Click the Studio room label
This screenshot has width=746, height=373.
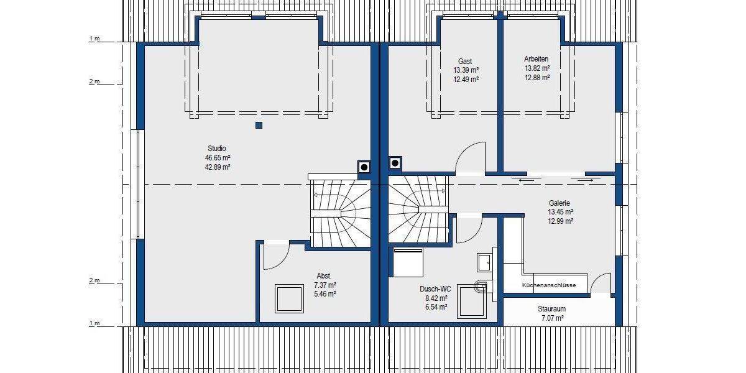click(x=217, y=149)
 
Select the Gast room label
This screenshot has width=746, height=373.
click(x=465, y=61)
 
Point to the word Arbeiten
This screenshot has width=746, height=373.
click(x=536, y=59)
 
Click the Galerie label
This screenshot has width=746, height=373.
click(x=559, y=203)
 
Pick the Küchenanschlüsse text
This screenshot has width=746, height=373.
click(x=549, y=285)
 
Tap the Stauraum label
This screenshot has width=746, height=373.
click(x=551, y=308)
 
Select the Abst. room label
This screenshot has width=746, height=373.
click(x=324, y=275)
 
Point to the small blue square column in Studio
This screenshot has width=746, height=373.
click(x=259, y=126)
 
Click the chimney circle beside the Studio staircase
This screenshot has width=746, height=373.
click(x=363, y=167)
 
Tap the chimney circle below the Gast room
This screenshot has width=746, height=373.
click(x=395, y=163)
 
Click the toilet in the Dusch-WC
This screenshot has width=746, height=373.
click(x=481, y=286)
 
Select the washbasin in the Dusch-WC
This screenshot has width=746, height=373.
click(x=484, y=262)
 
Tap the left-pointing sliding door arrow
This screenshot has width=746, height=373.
click(x=525, y=180)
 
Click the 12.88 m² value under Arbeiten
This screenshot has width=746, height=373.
click(x=536, y=78)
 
